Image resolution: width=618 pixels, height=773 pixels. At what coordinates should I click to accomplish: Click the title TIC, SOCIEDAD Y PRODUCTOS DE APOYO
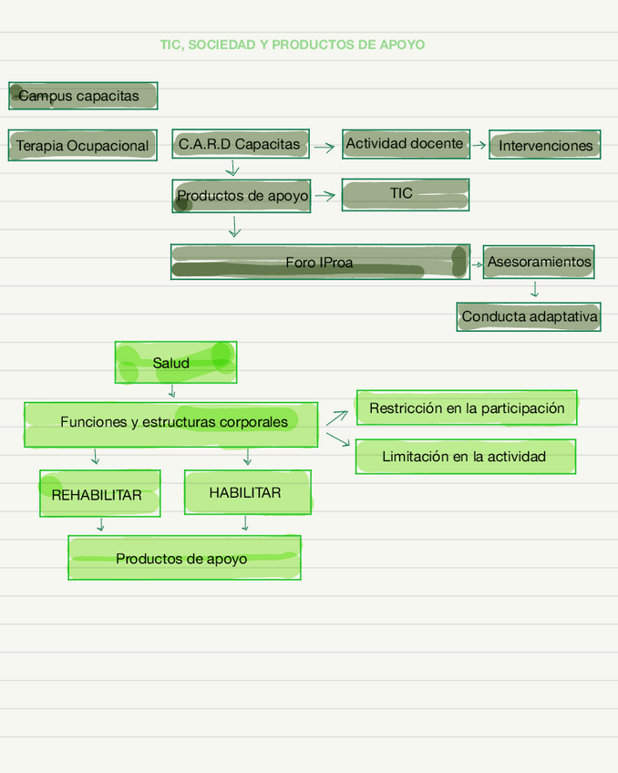[292, 45]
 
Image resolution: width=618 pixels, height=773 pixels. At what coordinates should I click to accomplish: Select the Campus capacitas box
[83, 96]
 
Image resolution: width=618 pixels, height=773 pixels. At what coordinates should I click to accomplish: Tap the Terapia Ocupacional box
[82, 146]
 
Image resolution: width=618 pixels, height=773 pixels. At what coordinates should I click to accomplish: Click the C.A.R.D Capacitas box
[240, 144]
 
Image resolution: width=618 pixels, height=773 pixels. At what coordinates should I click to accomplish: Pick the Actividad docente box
[406, 144]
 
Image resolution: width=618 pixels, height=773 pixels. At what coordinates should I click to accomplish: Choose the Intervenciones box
[545, 145]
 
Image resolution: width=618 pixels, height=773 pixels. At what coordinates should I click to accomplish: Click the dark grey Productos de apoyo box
[242, 196]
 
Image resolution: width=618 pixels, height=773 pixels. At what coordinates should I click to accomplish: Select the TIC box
[405, 194]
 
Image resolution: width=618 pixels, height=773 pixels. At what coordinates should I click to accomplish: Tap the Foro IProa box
[320, 262]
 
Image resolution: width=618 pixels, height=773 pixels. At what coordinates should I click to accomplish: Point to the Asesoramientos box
[539, 262]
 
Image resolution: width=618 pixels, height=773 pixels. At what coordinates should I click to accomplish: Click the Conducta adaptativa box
[529, 317]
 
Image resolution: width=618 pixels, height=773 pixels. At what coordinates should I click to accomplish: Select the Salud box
[175, 363]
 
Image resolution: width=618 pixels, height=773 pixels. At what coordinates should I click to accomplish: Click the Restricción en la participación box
[466, 407]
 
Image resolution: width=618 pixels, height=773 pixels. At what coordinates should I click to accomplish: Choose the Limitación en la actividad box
[465, 456]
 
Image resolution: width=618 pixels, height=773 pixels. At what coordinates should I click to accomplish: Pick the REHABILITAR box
[99, 494]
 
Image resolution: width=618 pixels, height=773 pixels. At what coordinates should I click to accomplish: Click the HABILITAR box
[247, 492]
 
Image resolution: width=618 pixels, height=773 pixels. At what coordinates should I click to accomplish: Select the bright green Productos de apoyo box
[184, 558]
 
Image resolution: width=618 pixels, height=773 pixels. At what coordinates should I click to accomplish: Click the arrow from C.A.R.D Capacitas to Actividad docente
[324, 146]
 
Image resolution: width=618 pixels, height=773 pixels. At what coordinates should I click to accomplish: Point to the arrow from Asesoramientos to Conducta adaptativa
[534, 290]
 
